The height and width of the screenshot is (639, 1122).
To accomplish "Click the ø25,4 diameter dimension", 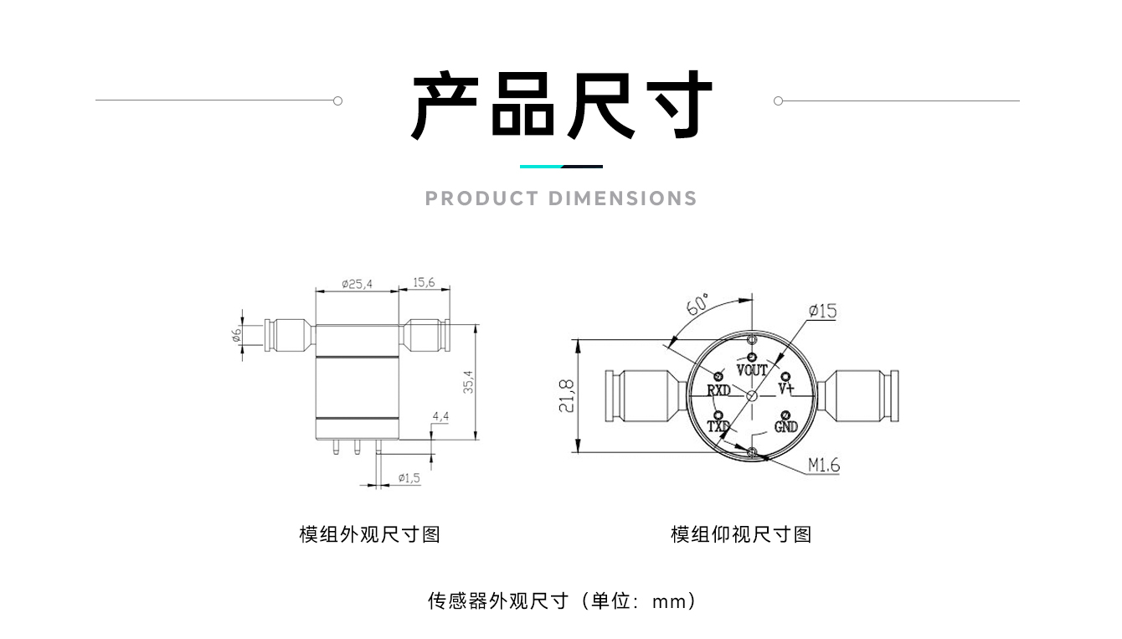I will point(358,285).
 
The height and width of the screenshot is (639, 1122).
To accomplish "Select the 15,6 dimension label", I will point(424,283).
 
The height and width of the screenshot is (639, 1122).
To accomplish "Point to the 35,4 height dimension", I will point(469,382).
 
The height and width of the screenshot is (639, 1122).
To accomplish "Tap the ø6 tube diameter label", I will point(237,336).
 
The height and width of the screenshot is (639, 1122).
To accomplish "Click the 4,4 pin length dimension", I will point(440,416).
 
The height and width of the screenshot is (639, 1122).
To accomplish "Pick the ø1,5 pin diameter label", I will point(409,478).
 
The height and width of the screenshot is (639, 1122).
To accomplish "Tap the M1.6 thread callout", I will point(823,466).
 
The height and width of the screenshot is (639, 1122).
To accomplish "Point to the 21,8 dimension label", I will point(567,395).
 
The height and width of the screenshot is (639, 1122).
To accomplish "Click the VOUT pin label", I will point(752,370).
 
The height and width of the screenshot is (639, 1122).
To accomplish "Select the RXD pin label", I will point(718,390).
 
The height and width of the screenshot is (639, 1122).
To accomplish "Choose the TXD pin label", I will point(718,427).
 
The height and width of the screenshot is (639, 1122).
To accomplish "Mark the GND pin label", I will point(785,427).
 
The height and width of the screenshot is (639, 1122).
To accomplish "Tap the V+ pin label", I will point(785,389).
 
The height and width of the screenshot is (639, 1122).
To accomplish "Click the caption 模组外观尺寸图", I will point(369,534).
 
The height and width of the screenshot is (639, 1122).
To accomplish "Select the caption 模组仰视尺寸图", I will point(741,534).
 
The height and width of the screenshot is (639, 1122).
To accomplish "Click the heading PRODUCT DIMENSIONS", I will point(561,198).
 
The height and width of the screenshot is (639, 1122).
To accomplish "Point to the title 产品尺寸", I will point(561,106).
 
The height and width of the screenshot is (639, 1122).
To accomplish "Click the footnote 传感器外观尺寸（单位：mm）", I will point(561,600).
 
